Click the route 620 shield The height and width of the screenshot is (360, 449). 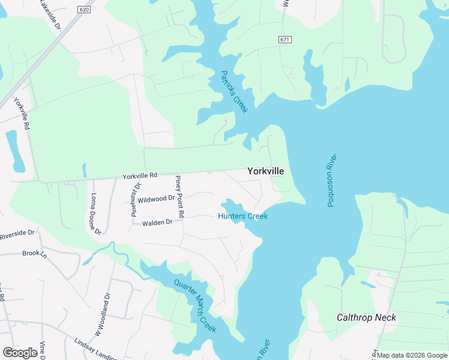85,10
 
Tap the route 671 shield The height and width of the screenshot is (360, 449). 285,39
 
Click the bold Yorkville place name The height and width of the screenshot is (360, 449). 265,171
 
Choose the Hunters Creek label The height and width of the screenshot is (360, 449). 243,216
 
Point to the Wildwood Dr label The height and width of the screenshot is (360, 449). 156,199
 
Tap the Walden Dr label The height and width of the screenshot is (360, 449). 157,223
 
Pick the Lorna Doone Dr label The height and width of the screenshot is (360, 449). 95,213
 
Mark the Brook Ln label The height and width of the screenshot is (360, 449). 34,253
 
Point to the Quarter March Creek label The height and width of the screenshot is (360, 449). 194,307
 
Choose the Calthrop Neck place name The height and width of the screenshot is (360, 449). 366,317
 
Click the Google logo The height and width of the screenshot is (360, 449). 20,353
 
